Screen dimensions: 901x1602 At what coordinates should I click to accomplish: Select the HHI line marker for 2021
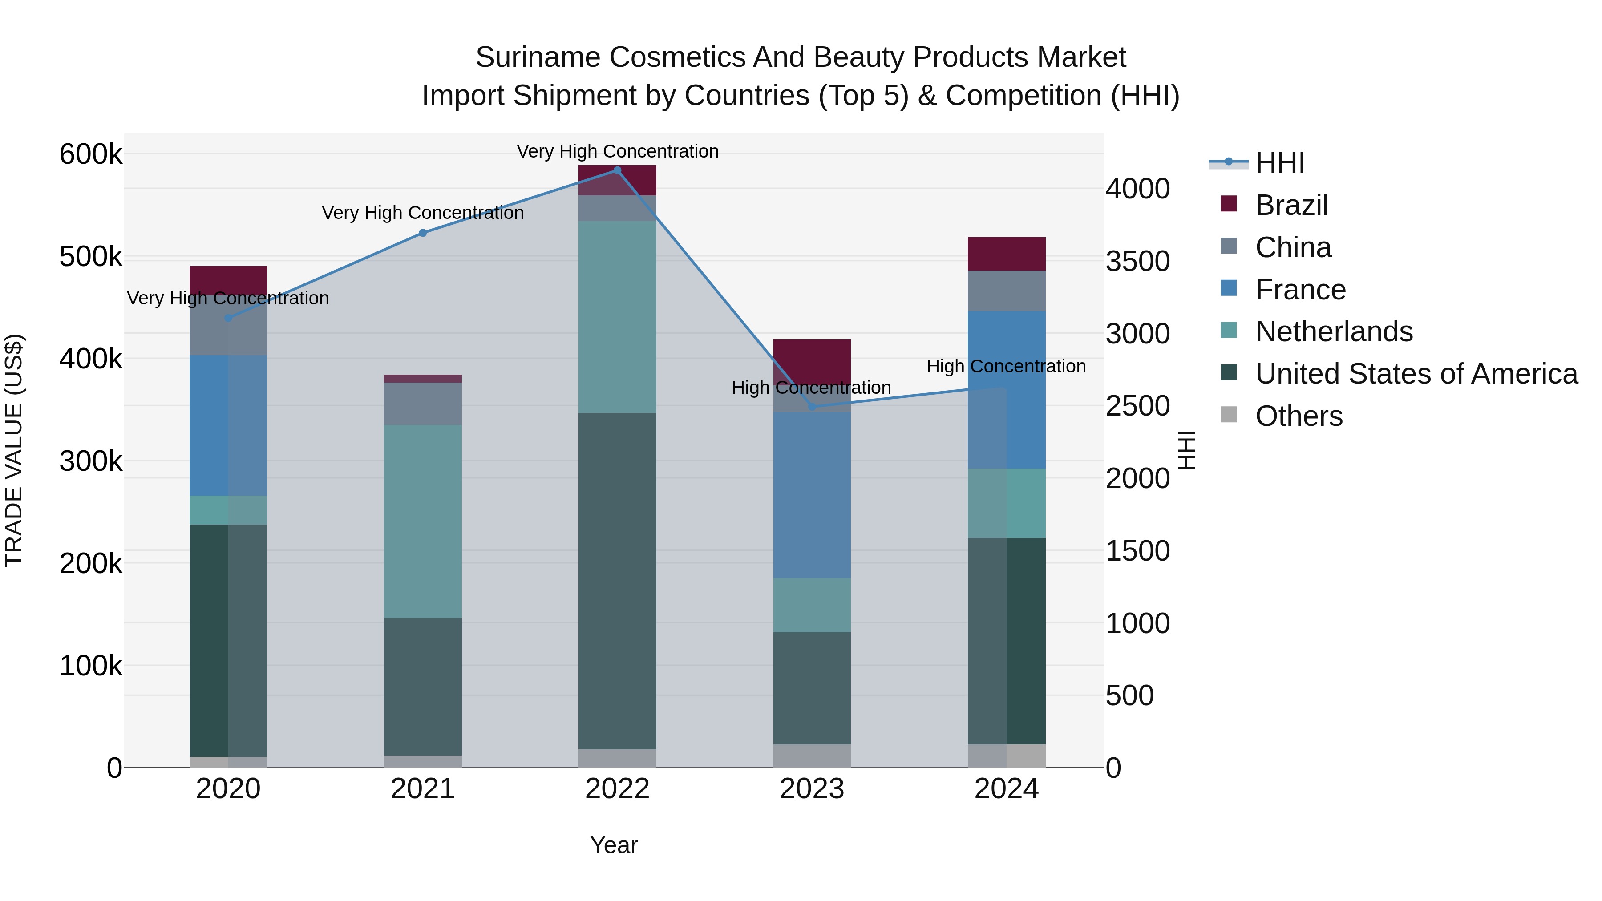[x=423, y=233]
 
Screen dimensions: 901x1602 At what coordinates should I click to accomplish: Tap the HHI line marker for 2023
[x=812, y=407]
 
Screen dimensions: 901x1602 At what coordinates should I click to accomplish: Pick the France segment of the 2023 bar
[x=812, y=495]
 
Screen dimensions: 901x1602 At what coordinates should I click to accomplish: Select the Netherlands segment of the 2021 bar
[x=423, y=521]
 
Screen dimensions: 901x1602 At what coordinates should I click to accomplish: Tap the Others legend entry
[x=1298, y=416]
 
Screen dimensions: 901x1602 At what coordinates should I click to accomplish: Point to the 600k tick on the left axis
[x=91, y=154]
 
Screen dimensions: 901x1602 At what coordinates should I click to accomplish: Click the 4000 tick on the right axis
[x=1137, y=189]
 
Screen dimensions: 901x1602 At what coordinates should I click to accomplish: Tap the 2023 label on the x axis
[x=812, y=789]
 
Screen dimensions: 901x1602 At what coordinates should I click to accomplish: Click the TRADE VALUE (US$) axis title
[x=14, y=450]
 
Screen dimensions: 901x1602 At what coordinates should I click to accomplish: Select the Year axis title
[x=614, y=845]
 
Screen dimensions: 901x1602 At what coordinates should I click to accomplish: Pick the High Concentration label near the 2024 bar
[x=1006, y=366]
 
